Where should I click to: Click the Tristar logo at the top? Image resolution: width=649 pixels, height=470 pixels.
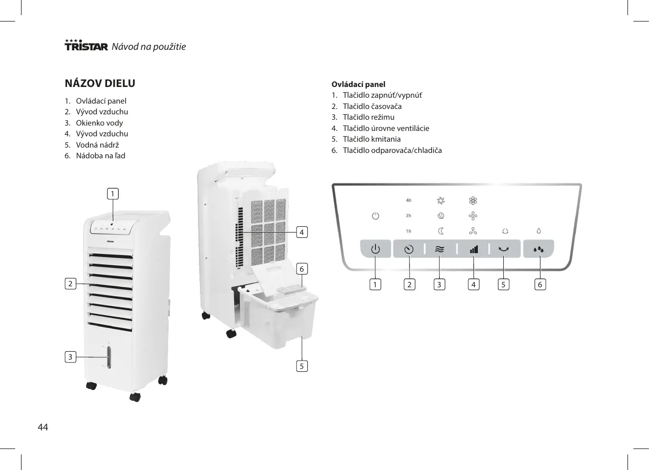[86, 45]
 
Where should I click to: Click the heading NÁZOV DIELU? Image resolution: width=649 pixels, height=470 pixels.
[100, 84]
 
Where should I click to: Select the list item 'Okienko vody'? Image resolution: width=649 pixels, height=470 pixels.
[99, 123]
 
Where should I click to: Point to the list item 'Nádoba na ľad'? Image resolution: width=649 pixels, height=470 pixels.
[100, 155]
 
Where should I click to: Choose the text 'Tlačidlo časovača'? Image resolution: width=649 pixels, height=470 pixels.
[372, 106]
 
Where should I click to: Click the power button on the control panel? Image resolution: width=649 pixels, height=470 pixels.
[375, 249]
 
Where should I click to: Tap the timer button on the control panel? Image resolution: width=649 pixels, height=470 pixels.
[409, 249]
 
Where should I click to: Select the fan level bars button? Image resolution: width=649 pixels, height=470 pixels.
[474, 249]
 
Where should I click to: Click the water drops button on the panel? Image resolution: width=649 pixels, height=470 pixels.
[539, 249]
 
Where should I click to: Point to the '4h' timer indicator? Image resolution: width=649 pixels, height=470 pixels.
[409, 200]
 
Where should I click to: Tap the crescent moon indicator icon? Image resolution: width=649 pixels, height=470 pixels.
[440, 231]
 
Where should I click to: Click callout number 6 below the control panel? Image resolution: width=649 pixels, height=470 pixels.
[540, 284]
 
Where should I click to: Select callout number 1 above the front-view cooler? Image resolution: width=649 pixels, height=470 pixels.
[113, 194]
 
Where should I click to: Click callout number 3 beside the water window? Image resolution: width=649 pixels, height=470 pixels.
[70, 357]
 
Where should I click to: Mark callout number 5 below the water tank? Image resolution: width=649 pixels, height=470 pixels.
[302, 366]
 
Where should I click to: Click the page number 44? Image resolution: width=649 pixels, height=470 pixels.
[43, 427]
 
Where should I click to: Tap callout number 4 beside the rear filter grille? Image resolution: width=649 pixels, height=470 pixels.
[302, 232]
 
